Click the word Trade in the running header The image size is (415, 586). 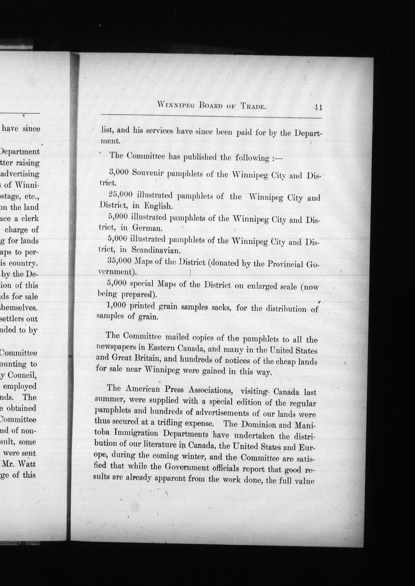(253, 107)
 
